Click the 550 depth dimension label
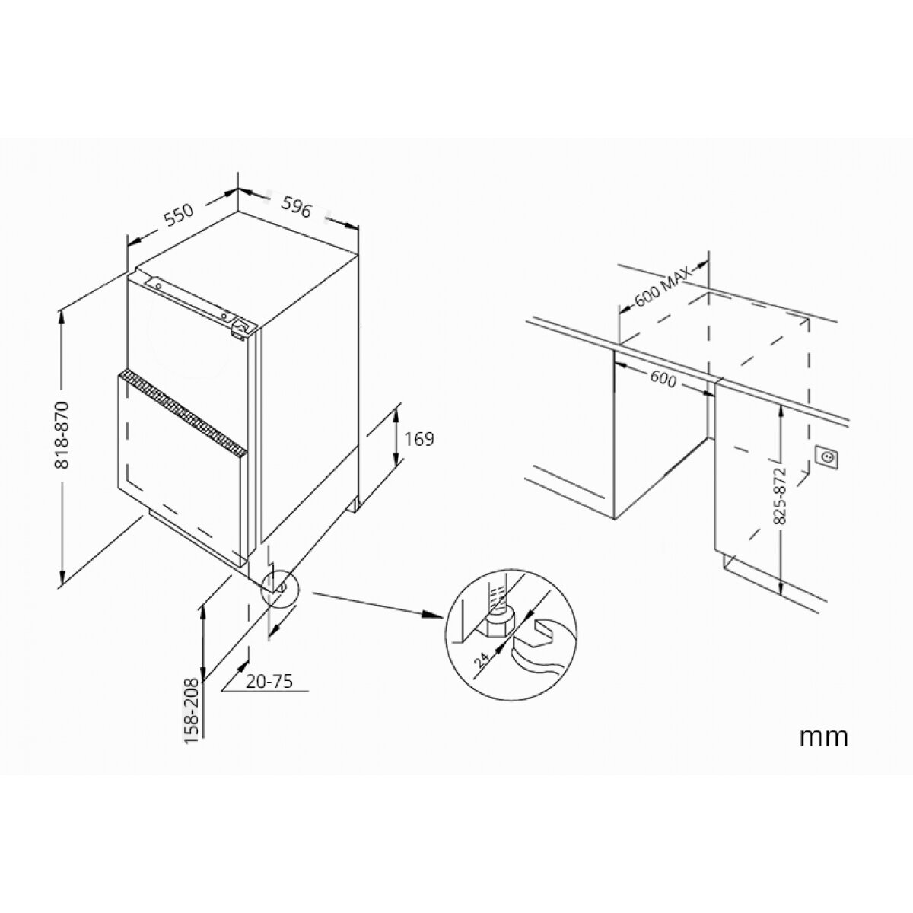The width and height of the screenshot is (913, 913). (179, 215)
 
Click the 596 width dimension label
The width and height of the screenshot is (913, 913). (297, 207)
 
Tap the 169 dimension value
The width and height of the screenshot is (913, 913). (418, 439)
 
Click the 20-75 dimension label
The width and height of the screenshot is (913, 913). (269, 681)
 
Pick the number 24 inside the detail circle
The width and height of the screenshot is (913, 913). (482, 659)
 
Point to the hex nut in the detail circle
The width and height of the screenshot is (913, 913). (498, 624)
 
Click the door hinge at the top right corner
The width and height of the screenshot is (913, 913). (240, 329)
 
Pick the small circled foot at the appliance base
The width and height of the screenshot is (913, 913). (278, 588)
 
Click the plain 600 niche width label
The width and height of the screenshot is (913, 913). (663, 380)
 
